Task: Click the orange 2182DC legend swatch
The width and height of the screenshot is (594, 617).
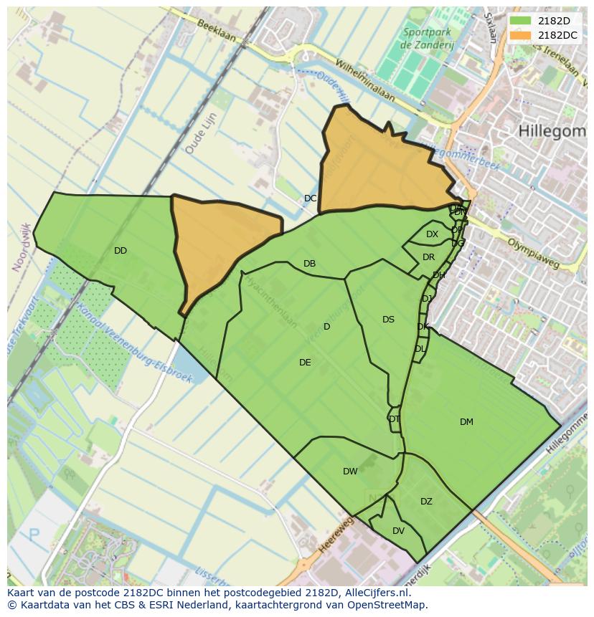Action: point(521,35)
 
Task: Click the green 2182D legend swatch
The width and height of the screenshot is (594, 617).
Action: point(521,21)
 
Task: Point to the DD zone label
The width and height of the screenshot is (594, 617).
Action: point(121,251)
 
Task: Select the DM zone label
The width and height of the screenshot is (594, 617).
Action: point(466,422)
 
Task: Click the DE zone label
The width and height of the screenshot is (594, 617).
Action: point(305,363)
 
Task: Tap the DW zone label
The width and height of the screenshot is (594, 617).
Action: point(350,472)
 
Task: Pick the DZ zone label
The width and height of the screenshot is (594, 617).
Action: point(426,502)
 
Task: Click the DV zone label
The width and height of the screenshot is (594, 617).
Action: point(398,531)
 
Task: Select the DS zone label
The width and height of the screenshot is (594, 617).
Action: point(388,320)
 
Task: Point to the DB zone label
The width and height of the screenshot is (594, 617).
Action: point(309,264)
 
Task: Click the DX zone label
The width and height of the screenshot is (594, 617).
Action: point(432,234)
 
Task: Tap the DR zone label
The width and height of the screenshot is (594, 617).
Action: point(428,257)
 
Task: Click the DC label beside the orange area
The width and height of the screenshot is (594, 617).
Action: point(310,199)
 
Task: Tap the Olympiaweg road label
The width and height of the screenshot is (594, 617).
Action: point(532,254)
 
